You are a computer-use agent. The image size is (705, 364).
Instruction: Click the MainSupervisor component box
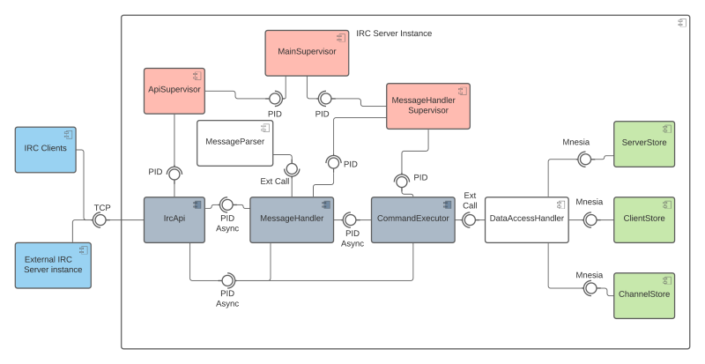[307, 53]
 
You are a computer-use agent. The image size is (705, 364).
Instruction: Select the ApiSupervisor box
[174, 91]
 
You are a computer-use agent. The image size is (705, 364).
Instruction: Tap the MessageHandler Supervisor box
[427, 106]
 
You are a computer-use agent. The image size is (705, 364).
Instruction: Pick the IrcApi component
[174, 219]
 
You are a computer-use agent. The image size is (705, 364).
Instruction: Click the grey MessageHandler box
[292, 219]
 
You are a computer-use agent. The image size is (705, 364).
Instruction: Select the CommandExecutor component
[412, 219]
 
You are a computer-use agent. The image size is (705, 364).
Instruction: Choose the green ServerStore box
[643, 144]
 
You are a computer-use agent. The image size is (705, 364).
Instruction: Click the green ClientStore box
[643, 219]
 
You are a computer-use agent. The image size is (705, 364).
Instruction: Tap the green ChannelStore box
[643, 295]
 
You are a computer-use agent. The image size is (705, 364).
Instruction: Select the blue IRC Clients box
[48, 150]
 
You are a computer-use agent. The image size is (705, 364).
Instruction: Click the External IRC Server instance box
[53, 264]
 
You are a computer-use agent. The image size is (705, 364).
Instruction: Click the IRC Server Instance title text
[394, 33]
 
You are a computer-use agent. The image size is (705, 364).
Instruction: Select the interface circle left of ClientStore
[590, 219]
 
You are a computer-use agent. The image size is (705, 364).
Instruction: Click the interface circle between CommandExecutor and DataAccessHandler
[470, 219]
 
